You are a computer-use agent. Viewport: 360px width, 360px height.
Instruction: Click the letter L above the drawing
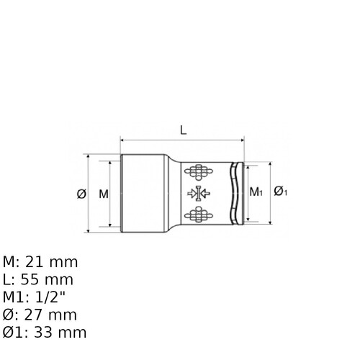184,130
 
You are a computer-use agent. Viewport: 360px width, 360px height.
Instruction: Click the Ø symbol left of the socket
81,194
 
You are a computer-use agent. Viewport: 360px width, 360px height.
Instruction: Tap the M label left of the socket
104,194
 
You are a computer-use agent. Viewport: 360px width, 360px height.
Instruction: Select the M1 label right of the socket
256,192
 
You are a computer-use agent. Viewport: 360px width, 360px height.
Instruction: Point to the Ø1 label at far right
281,192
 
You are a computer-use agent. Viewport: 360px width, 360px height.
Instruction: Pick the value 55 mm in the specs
47,279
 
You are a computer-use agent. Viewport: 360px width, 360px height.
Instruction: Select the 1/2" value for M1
50,297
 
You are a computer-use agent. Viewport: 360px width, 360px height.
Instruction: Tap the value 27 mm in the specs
50,315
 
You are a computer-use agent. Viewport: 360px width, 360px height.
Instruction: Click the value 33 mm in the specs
60,333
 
